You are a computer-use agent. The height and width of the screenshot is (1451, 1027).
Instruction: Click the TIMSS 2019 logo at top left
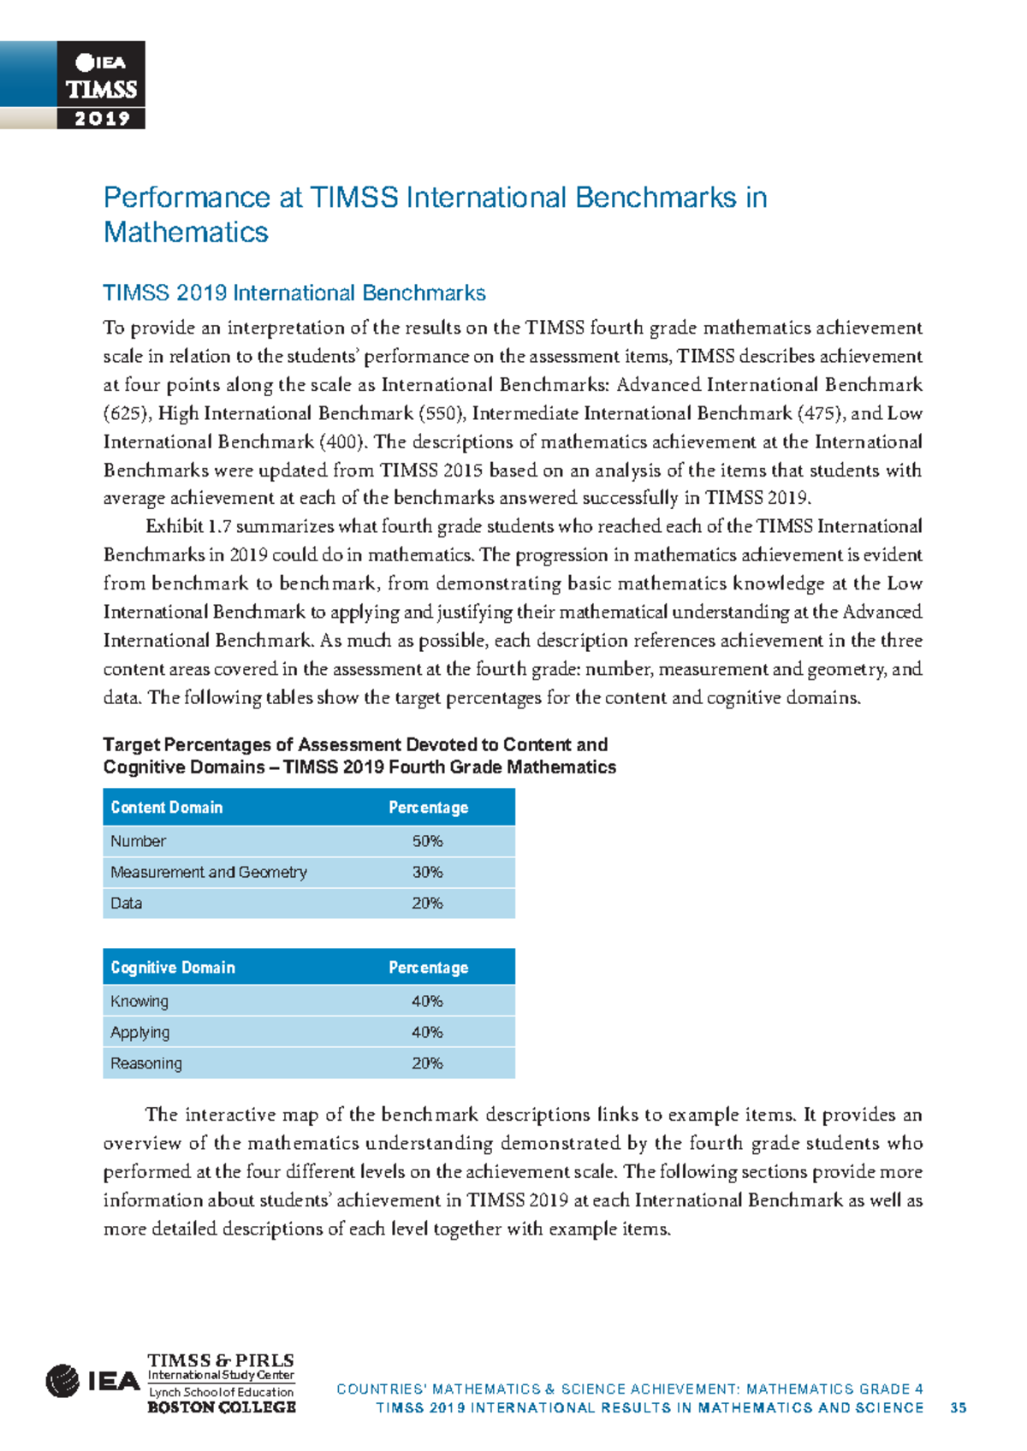pyautogui.click(x=101, y=86)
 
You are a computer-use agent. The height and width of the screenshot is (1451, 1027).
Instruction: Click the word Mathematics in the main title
pyautogui.click(x=186, y=233)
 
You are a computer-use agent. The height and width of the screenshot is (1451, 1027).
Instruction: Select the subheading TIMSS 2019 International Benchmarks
pyautogui.click(x=294, y=293)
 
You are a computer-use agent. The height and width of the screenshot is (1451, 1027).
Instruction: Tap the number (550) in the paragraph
pyautogui.click(x=442, y=414)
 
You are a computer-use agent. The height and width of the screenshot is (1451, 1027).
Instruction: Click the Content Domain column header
pyautogui.click(x=167, y=808)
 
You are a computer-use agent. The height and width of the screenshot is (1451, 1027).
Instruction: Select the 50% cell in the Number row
pyautogui.click(x=427, y=842)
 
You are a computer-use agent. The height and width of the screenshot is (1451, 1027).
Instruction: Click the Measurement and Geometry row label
pyautogui.click(x=208, y=873)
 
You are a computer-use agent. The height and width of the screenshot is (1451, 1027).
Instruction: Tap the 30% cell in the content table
pyautogui.click(x=427, y=873)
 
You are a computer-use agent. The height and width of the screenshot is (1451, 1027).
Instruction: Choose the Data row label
pyautogui.click(x=126, y=903)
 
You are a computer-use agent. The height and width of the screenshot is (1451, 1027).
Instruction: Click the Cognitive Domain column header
pyautogui.click(x=173, y=968)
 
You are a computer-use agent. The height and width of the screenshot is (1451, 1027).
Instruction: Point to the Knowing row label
pyautogui.click(x=140, y=1002)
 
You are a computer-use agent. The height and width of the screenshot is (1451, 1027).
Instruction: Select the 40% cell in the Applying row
pyautogui.click(x=427, y=1033)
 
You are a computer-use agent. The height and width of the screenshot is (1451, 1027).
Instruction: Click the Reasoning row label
pyautogui.click(x=146, y=1063)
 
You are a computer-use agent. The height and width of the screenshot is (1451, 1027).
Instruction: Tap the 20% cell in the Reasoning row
pyautogui.click(x=427, y=1063)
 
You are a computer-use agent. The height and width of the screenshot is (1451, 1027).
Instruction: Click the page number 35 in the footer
pyautogui.click(x=959, y=1408)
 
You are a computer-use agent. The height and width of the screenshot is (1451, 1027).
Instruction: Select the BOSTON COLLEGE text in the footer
pyautogui.click(x=221, y=1407)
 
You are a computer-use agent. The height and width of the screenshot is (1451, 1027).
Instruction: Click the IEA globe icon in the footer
pyautogui.click(x=62, y=1381)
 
